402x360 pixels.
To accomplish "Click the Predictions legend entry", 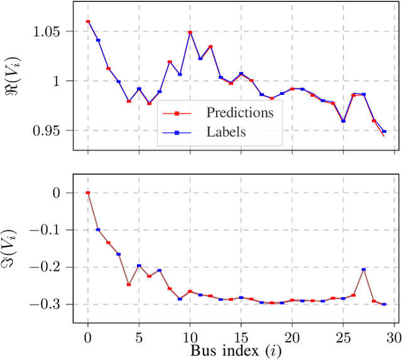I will pyautogui.click(x=239, y=113).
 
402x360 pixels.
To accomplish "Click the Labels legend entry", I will pyautogui.click(x=225, y=133).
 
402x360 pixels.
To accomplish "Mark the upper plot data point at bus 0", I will pyautogui.click(x=88, y=21).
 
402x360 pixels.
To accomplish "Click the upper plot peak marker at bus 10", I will pyautogui.click(x=190, y=32).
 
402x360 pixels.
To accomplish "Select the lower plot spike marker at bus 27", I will pyautogui.click(x=364, y=270).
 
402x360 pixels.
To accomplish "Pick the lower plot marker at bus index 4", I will pyautogui.click(x=129, y=285).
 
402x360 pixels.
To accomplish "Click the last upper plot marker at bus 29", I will pyautogui.click(x=384, y=132).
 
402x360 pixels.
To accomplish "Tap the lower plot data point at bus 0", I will pyautogui.click(x=88, y=193).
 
